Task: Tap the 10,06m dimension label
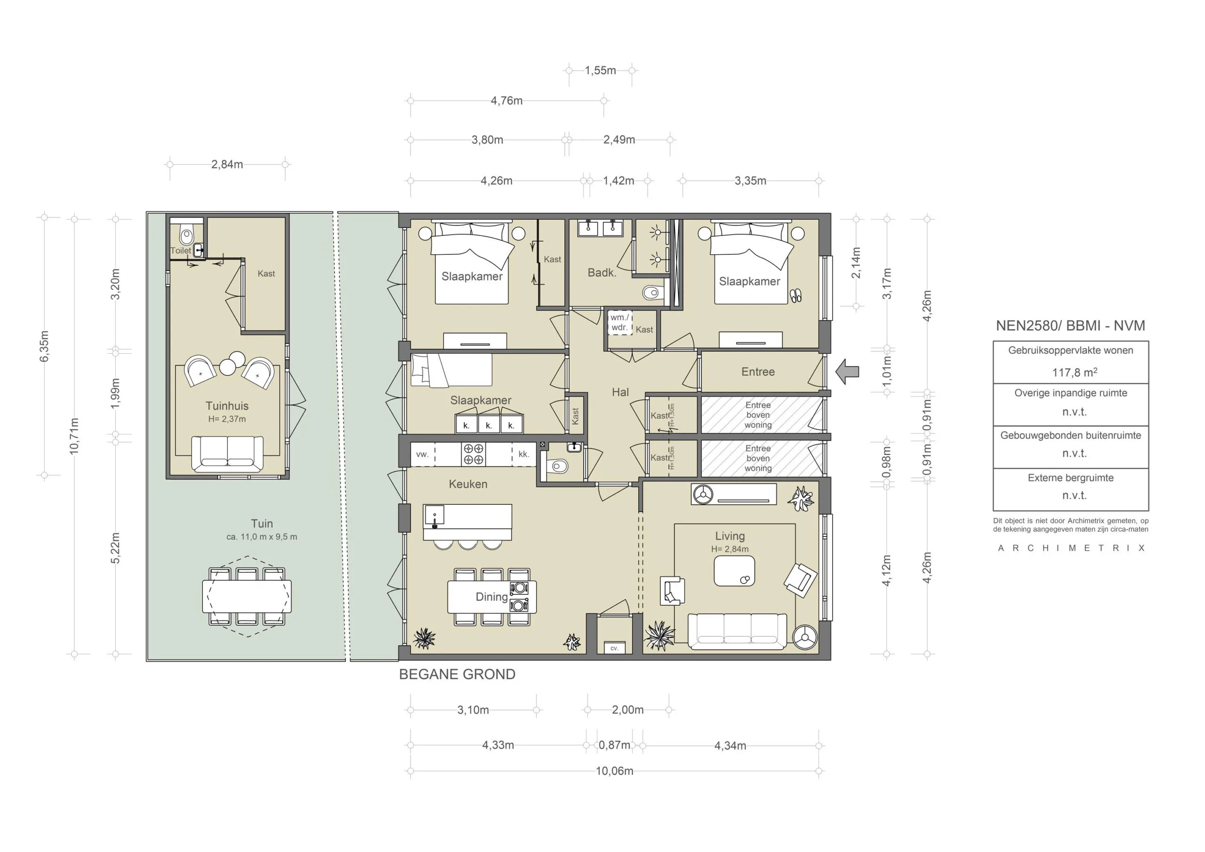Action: point(615,771)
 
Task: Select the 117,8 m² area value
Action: point(1074,373)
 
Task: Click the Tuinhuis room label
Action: point(227,406)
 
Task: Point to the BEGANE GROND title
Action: point(457,674)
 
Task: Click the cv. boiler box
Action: point(615,648)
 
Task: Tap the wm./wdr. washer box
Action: point(620,323)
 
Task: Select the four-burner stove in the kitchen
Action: point(474,454)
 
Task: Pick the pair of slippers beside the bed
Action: point(796,295)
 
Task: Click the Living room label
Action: point(730,536)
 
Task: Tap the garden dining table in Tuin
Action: point(247,596)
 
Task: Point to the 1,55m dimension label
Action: point(601,70)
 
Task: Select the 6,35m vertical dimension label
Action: point(45,346)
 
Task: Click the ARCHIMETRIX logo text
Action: point(1071,548)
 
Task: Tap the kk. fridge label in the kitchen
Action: point(523,454)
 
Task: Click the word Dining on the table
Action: point(492,597)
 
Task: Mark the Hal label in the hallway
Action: point(620,392)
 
